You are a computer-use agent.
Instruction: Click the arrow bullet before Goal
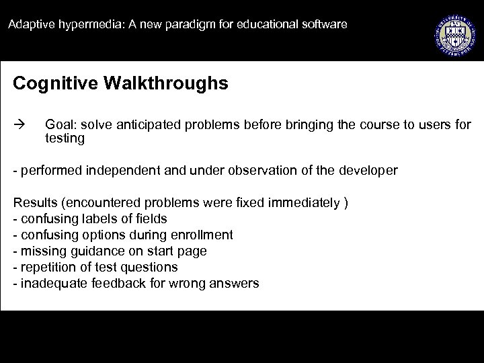coord(18,125)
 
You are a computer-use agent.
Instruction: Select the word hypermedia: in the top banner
coord(79,25)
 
